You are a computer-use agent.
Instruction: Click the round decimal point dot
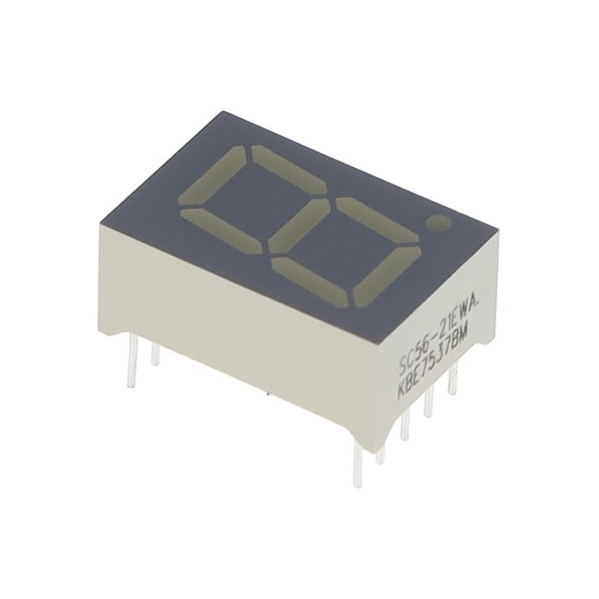tap(441, 225)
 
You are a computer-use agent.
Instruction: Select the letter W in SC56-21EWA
tap(466, 308)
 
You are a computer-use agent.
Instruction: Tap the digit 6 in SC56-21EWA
tap(426, 347)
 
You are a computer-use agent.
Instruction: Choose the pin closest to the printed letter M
tap(452, 382)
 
